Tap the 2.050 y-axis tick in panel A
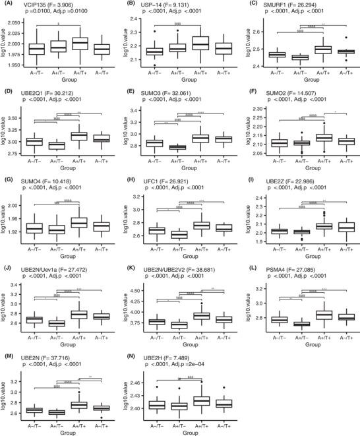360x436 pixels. coord(15,23)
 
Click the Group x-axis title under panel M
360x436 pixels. coord(71,433)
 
